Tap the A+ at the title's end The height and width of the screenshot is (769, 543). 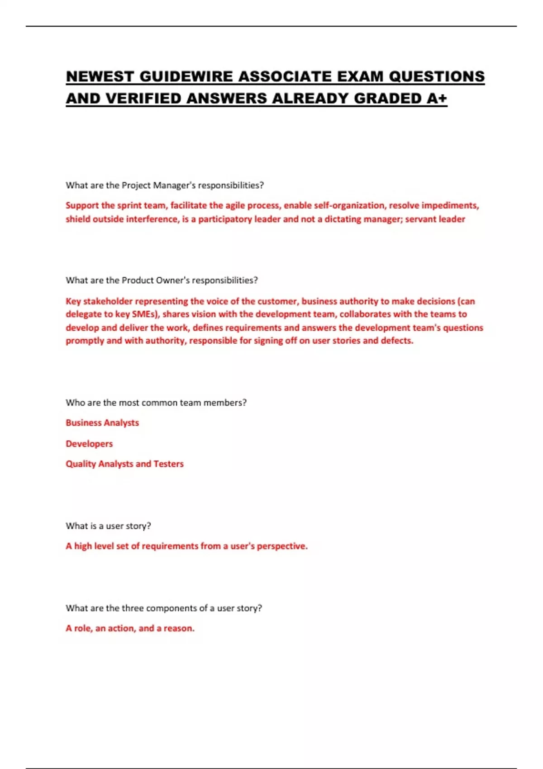[x=436, y=98]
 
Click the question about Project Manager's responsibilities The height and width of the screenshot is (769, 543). [x=165, y=185]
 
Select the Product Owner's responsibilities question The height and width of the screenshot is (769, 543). [x=162, y=280]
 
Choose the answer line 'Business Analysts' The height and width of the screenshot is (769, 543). [x=102, y=422]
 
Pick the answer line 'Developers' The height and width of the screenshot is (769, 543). [x=89, y=443]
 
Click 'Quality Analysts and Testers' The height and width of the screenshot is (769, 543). [x=124, y=464]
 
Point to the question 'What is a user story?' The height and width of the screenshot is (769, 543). [x=108, y=526]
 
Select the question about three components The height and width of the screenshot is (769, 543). [x=164, y=608]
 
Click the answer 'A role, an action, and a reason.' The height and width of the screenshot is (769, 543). [x=130, y=628]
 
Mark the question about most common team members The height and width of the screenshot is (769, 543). [x=156, y=402]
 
